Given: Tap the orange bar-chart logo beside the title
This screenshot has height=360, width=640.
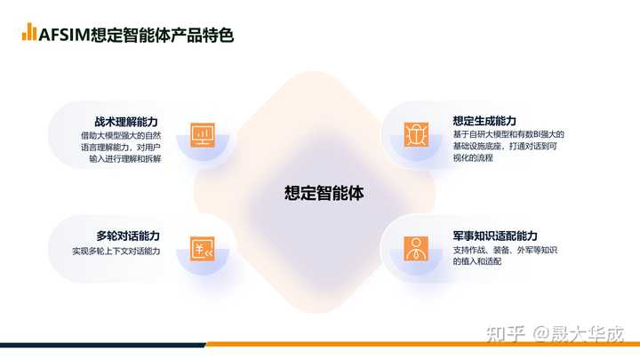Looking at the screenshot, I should (x=29, y=32).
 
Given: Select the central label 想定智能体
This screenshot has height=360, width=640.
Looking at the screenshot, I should (x=324, y=192).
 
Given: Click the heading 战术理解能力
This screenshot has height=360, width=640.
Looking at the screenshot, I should (x=127, y=123).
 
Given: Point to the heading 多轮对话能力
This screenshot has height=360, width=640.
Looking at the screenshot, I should (x=127, y=236).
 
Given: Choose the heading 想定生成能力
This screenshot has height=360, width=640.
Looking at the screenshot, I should (x=484, y=121).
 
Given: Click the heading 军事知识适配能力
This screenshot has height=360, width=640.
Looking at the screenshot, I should (x=495, y=236).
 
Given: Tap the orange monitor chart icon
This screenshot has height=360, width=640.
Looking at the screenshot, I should (x=203, y=135).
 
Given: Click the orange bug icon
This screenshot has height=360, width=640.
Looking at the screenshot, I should (x=414, y=135).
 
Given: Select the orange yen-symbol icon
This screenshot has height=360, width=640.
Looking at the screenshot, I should (x=203, y=249).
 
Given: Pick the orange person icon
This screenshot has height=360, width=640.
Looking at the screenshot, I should (x=414, y=248).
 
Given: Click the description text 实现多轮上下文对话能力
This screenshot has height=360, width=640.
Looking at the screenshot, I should (x=116, y=252).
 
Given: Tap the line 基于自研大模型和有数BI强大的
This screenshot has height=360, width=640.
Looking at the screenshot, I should (x=508, y=134).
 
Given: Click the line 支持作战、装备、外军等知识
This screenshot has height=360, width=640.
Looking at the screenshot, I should (x=505, y=250).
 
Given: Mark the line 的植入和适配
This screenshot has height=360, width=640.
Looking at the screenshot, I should (x=477, y=261).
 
